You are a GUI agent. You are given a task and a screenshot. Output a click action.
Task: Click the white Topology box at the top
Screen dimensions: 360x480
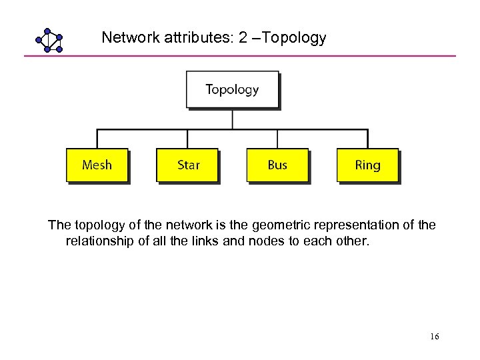coord(232,89)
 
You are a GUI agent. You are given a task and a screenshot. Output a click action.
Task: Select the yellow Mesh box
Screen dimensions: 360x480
coord(97,165)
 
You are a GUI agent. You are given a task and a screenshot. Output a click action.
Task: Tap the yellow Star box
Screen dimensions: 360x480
coord(187,165)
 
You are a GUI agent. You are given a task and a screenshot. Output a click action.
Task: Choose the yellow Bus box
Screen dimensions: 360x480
coord(277,165)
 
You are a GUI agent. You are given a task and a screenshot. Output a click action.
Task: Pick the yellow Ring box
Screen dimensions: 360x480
coord(367,165)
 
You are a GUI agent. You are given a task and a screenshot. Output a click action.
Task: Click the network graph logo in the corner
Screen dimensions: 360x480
coord(49,40)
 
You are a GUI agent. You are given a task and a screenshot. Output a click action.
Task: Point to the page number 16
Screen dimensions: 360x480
coord(434,337)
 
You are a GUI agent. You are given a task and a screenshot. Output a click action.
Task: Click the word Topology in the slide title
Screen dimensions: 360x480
coord(295,38)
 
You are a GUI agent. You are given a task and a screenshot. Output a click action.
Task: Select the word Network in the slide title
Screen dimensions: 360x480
coord(129,38)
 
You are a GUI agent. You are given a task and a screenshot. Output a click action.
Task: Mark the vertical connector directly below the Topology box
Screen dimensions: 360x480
coord(232,119)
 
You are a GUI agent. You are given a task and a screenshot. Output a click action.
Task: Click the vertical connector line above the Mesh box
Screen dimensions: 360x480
coord(97,139)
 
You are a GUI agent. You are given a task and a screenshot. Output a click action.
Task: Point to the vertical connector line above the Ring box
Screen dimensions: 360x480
coord(367,139)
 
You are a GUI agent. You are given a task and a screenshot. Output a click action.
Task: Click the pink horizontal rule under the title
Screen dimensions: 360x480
coord(240,55)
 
